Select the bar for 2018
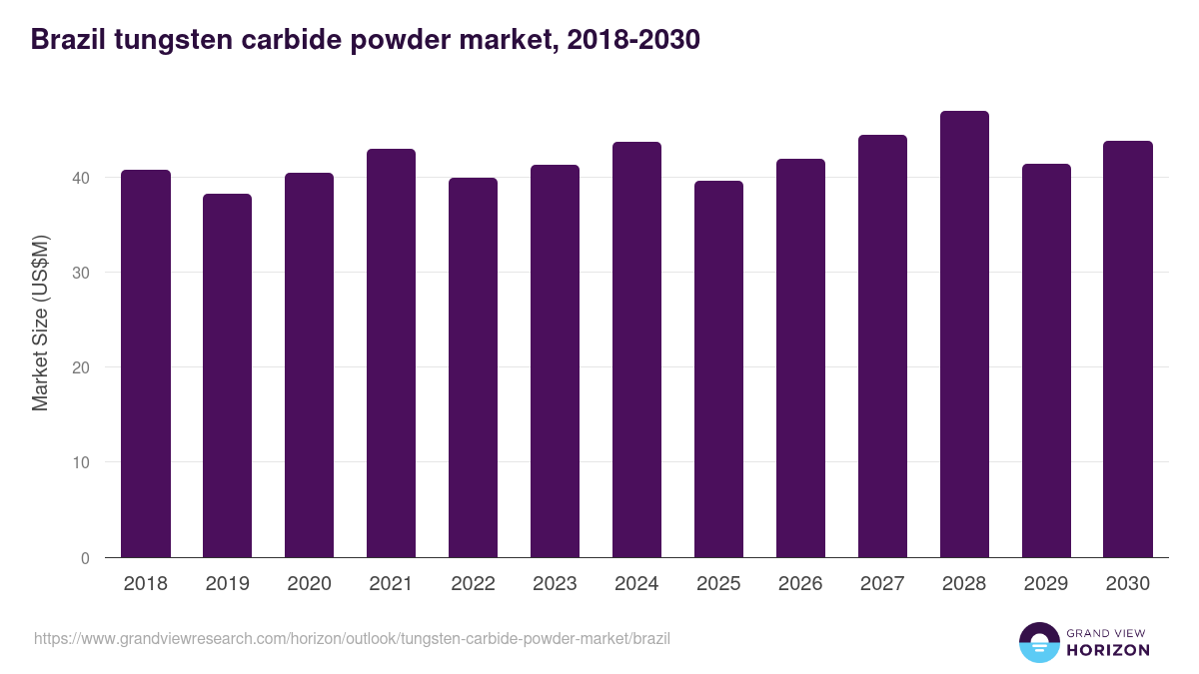point(146,364)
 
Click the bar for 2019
point(228,376)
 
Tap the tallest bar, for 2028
point(964,335)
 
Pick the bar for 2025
point(718,369)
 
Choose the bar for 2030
point(1128,349)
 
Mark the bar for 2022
point(473,367)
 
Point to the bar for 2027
point(882,346)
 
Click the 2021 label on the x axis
point(391,584)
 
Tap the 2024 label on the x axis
point(636,584)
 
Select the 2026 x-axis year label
point(800,584)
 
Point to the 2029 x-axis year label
point(1046,584)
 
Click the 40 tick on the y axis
point(79,178)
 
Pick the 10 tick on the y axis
point(79,462)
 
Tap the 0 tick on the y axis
point(85,558)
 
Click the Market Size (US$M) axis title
point(40,322)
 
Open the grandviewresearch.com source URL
point(352,637)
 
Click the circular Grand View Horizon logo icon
point(1039,643)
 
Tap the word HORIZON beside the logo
point(1109,650)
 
